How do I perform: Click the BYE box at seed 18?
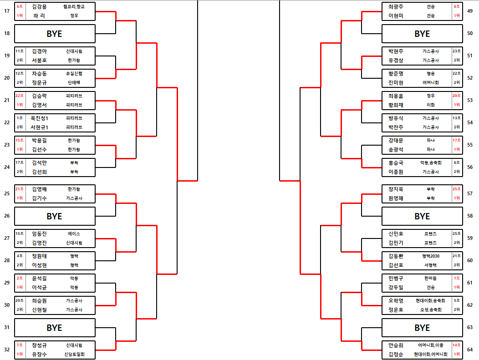55,34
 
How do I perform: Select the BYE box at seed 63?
422,328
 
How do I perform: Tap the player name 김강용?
40,7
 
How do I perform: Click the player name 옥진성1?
40,118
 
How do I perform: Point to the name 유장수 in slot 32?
40,354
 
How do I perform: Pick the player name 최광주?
396,7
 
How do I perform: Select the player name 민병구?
396,278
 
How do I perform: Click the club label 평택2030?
430,256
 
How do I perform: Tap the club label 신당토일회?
74,354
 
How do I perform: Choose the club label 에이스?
74,233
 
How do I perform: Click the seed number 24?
6,167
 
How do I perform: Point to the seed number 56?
470,167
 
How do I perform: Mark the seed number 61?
470,283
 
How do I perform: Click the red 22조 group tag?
20,96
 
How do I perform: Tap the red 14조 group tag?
456,345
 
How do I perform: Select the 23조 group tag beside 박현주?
456,51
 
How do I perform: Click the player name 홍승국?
396,162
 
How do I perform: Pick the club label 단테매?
74,82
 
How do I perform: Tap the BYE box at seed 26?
55,216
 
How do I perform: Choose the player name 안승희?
396,345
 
